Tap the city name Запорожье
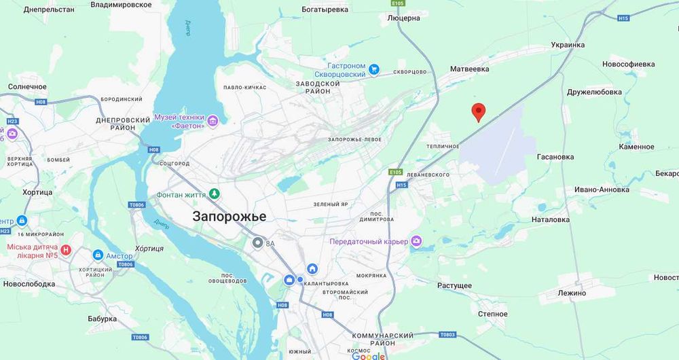[230, 217]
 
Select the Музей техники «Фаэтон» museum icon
[213, 121]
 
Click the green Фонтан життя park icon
[215, 194]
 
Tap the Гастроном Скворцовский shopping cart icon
[374, 70]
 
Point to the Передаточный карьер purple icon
[416, 241]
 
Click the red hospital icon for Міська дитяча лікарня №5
[66, 250]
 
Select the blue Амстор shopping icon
[98, 255]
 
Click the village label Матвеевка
[469, 69]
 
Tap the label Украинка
[568, 45]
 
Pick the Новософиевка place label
[629, 64]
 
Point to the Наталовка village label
[551, 219]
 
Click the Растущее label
[454, 285]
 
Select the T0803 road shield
[447, 334]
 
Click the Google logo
[369, 356]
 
